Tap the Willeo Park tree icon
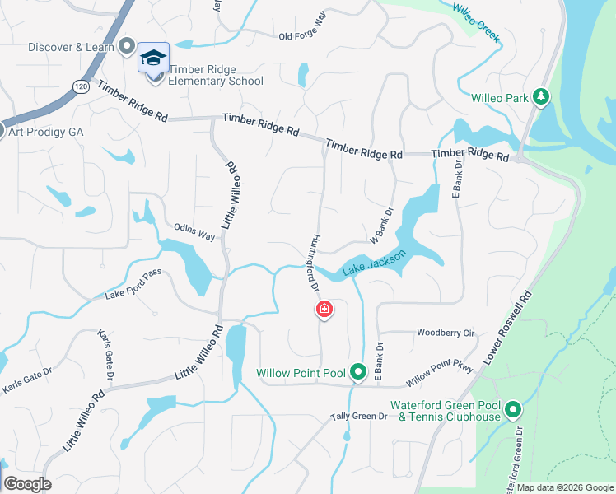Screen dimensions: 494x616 (x=541, y=97)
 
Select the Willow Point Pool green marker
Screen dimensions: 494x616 (x=358, y=373)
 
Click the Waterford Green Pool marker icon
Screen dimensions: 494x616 (x=513, y=409)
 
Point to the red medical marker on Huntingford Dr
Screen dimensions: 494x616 (x=324, y=310)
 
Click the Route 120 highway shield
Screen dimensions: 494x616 (x=79, y=86)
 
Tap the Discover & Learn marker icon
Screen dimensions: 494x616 (x=126, y=46)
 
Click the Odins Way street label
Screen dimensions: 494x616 (x=194, y=233)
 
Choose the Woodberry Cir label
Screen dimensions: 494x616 (x=446, y=333)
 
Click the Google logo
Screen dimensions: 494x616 (x=27, y=484)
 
